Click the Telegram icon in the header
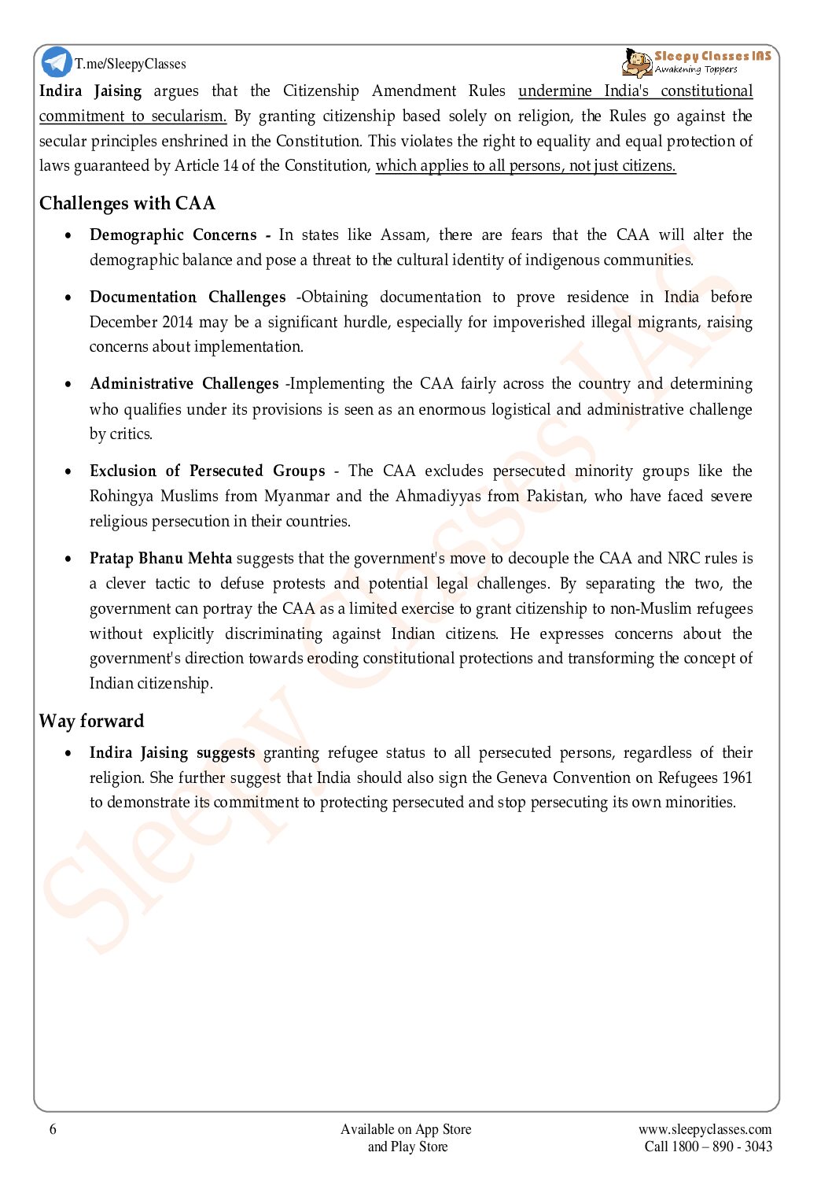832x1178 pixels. [x=57, y=62]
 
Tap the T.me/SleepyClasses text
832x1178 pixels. [x=131, y=64]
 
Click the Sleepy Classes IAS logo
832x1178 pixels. [x=697, y=62]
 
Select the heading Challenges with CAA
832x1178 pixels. [x=127, y=203]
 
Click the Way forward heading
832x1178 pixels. [x=92, y=721]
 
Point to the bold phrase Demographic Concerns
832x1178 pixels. [x=173, y=234]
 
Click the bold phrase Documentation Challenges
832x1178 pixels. [x=187, y=297]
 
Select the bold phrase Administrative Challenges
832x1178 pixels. [x=184, y=383]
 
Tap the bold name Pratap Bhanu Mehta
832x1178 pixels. [x=160, y=558]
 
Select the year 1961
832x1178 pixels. [x=737, y=777]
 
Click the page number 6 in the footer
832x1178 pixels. [x=53, y=1129]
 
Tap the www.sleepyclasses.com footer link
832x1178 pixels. [x=705, y=1129]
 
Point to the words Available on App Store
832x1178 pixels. [x=406, y=1129]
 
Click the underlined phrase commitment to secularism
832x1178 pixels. [x=132, y=116]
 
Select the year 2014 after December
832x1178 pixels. [x=177, y=322]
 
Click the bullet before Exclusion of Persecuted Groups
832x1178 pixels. [x=70, y=471]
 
